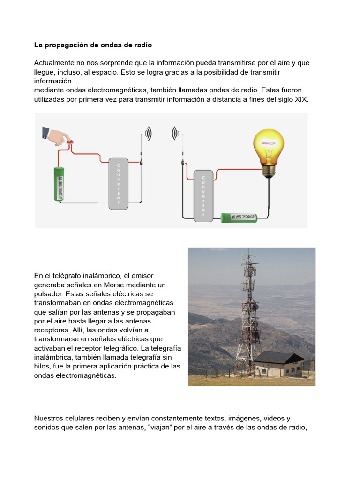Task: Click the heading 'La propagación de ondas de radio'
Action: [x=93, y=45]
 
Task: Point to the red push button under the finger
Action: [x=70, y=141]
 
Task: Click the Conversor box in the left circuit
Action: [x=118, y=183]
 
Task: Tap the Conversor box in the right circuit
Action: [x=203, y=195]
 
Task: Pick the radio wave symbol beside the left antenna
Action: [x=149, y=134]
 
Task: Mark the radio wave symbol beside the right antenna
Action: [x=175, y=133]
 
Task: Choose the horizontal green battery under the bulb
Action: [x=239, y=217]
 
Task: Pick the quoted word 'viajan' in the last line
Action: [x=159, y=427]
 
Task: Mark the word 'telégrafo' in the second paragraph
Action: [x=67, y=276]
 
